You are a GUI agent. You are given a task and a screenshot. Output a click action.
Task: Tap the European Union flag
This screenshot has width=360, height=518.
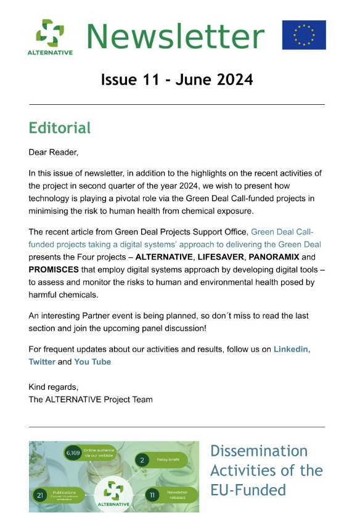click(304, 35)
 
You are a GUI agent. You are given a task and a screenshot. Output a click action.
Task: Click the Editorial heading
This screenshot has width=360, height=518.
click(60, 128)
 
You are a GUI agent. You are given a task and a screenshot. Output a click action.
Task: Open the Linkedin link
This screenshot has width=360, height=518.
click(292, 349)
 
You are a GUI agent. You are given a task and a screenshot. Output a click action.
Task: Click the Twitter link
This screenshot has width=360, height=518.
click(42, 361)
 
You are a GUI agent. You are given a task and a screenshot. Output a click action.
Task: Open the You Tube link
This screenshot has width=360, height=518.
click(92, 361)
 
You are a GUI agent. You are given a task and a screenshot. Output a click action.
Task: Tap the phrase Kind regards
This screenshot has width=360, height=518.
click(54, 387)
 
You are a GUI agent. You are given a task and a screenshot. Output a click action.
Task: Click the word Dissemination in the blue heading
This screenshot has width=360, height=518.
click(258, 451)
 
